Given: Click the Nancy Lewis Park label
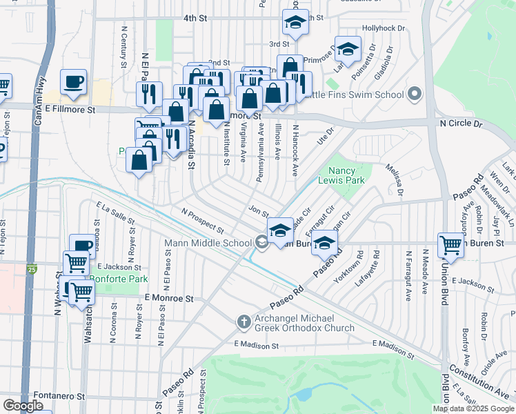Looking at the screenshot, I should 346,175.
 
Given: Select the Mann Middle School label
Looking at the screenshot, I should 208,243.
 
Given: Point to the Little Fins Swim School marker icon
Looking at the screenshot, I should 415,94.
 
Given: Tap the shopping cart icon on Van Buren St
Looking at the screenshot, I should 451,244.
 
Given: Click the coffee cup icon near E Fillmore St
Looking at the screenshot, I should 74,81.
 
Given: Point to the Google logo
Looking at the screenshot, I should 23,406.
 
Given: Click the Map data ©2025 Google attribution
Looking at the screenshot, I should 473,408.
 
